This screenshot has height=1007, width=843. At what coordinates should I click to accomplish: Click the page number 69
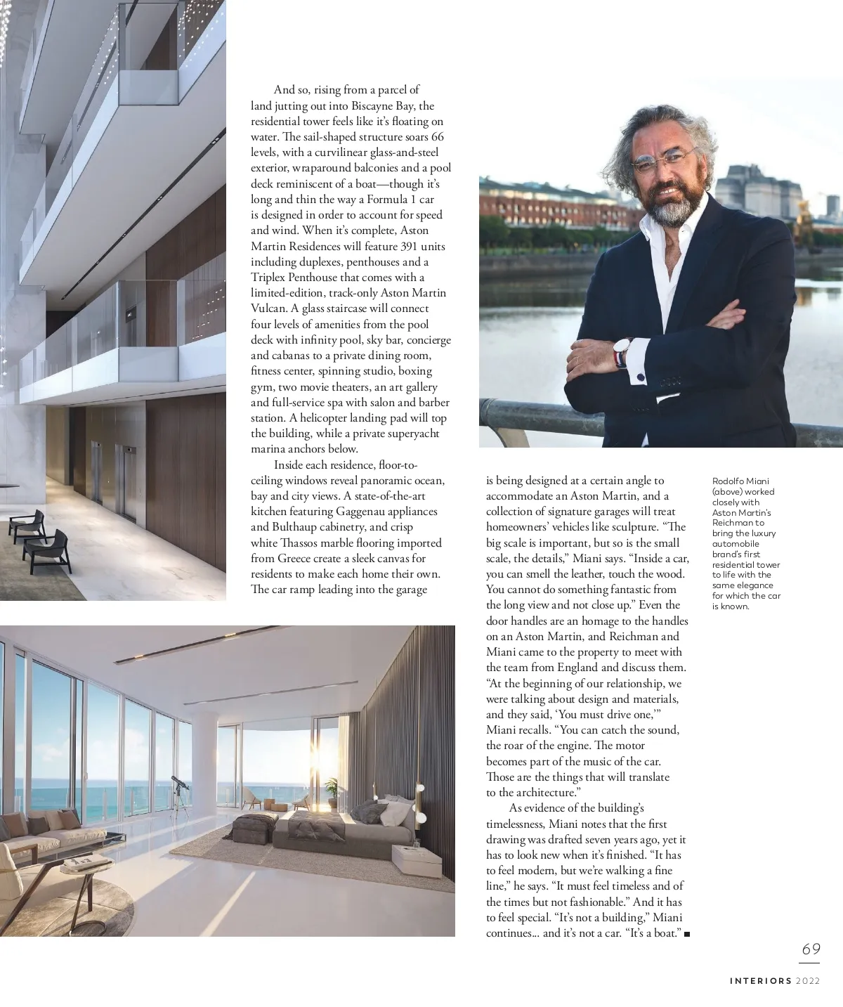811,949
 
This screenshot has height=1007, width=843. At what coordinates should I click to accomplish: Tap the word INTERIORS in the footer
760,980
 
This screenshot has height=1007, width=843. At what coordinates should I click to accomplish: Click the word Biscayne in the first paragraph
379,105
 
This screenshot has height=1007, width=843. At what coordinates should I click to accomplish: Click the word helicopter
329,418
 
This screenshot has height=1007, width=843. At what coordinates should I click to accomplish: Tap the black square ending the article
686,934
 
